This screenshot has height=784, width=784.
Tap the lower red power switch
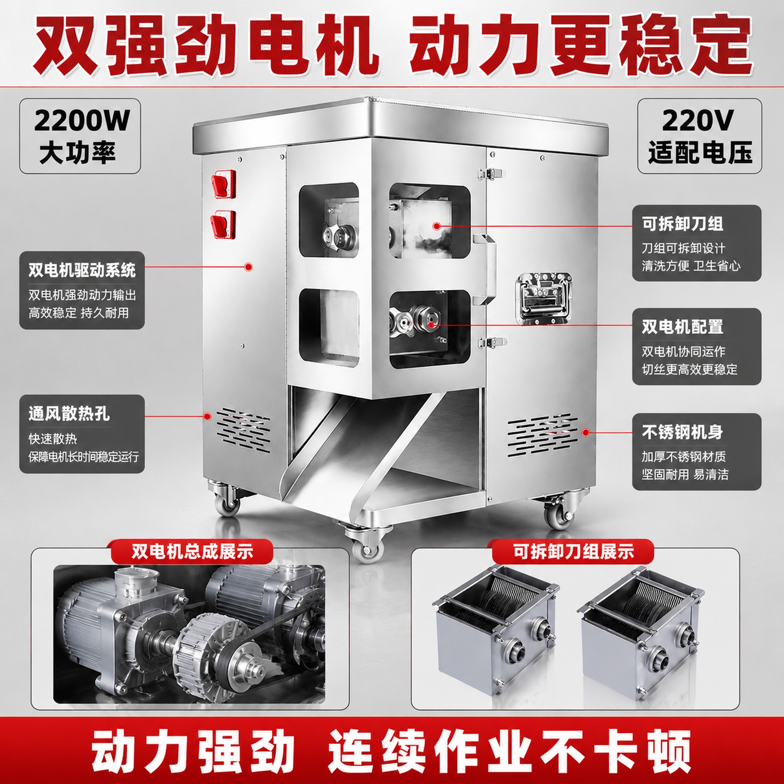(223, 224)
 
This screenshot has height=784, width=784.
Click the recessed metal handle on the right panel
(544, 298)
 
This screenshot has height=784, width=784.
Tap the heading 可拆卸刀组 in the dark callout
(683, 224)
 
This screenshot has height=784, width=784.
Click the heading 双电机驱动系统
(82, 270)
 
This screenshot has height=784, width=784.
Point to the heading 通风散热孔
(69, 414)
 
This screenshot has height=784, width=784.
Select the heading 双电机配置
(683, 327)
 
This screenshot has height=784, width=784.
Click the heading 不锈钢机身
(683, 432)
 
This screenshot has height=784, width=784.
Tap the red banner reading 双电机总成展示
(192, 552)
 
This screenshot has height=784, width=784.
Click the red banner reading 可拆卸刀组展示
(573, 552)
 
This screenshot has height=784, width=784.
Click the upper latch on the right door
(491, 173)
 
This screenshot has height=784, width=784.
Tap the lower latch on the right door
(491, 342)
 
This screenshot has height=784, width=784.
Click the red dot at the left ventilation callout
(208, 416)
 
